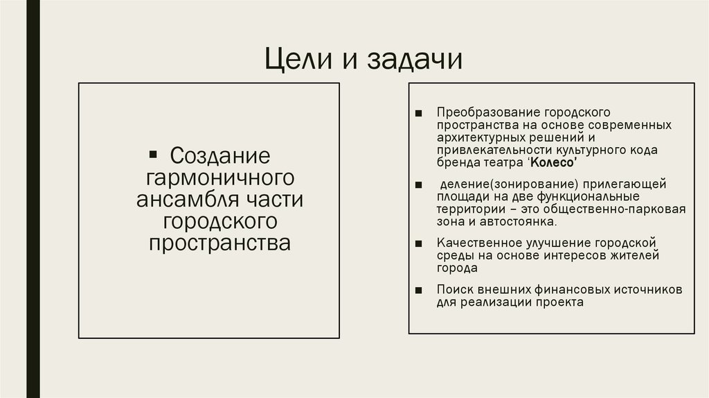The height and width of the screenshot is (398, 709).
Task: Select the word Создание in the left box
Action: tap(219, 155)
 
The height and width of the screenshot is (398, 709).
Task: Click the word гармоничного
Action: tap(216, 177)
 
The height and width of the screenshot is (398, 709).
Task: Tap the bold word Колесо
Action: tap(554, 162)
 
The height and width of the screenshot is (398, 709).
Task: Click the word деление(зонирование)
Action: tap(498, 185)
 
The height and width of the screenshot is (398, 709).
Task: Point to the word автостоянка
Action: tap(524, 223)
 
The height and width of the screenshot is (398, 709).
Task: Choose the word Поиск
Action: tap(452, 289)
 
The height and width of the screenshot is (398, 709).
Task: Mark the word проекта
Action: tap(558, 302)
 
